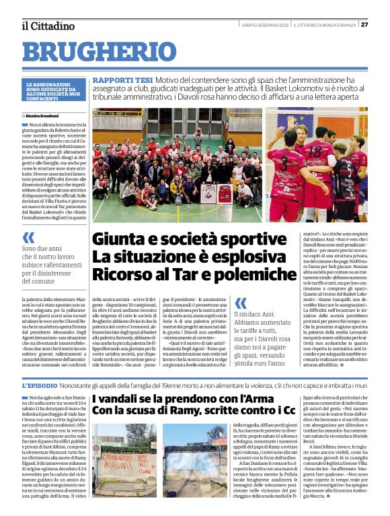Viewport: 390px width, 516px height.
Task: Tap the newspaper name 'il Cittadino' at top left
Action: click(48, 26)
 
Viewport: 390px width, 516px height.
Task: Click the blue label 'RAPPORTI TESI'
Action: click(116, 79)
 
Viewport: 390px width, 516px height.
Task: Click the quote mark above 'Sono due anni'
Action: click(28, 236)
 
